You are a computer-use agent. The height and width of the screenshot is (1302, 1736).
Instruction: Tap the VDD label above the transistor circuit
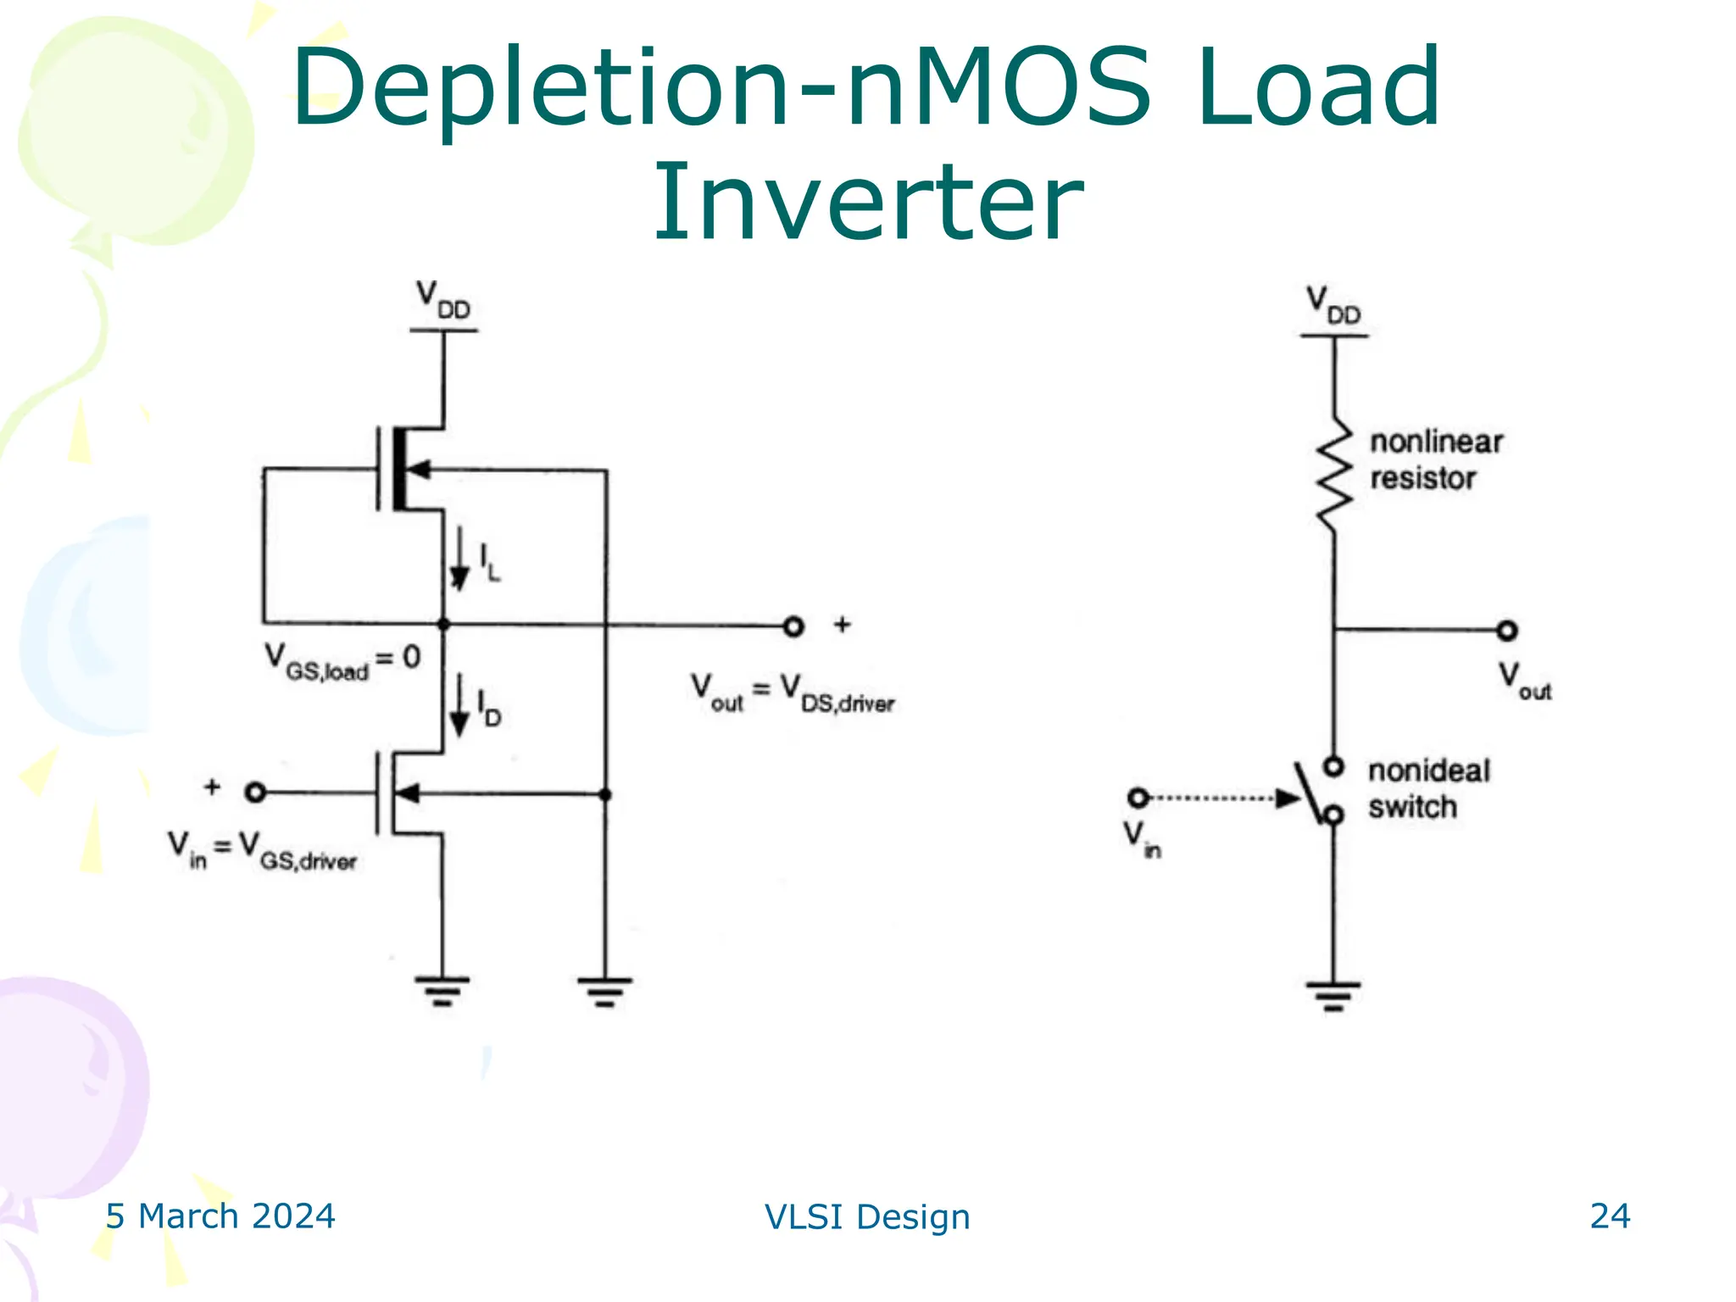tap(442, 301)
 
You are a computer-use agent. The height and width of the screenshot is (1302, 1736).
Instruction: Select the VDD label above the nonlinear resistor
tap(1333, 306)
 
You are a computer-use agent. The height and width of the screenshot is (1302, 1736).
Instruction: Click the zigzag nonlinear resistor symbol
tap(1334, 475)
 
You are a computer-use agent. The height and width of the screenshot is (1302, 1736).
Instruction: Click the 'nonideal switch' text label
tap(1427, 788)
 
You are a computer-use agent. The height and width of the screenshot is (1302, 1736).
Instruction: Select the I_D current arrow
tap(459, 704)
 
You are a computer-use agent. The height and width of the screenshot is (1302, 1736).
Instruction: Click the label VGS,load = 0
tap(342, 662)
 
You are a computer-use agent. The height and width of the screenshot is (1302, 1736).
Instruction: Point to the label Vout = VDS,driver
tap(792, 693)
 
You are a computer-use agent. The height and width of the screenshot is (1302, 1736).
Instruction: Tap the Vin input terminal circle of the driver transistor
tap(255, 793)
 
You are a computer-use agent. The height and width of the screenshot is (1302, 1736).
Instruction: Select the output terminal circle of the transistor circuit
tap(793, 627)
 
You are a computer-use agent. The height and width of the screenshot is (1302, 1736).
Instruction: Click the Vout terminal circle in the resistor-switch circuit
tap(1506, 631)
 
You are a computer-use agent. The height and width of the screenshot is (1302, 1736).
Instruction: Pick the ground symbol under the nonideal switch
tap(1333, 995)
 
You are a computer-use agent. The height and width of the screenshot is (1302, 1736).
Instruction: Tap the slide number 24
tap(1609, 1216)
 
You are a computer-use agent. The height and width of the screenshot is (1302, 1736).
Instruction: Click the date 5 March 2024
tap(220, 1216)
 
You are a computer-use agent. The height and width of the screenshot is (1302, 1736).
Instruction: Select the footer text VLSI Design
tap(867, 1217)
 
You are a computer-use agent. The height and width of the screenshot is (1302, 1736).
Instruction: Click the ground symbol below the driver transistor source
tap(442, 990)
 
